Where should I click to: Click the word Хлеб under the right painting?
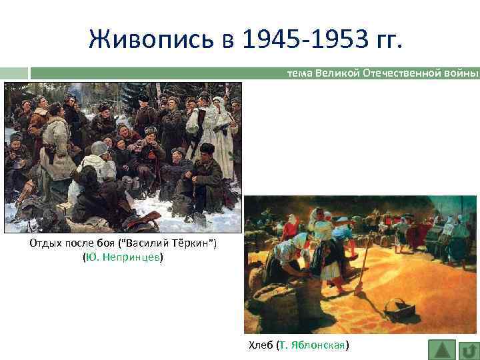tap(260, 345)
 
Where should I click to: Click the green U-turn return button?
tap(468, 350)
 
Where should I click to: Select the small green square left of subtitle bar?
tap(14, 73)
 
